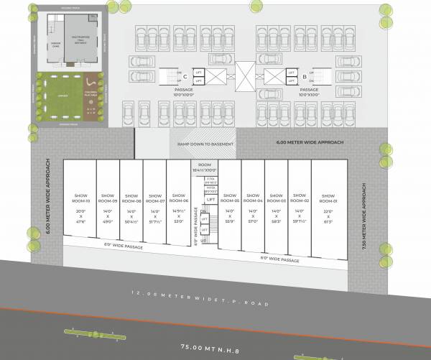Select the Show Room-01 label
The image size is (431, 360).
coord(328,197)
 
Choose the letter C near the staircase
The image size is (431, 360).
coord(185,75)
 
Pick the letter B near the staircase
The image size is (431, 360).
coord(305,75)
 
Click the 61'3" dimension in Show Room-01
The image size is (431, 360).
coord(328,222)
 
